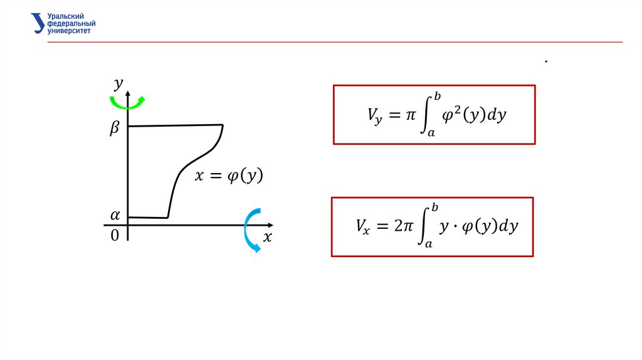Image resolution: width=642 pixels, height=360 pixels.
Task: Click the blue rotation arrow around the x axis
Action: [250, 230]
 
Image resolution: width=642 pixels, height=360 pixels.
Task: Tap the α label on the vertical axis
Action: [115, 215]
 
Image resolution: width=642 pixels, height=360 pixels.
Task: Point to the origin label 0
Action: [115, 236]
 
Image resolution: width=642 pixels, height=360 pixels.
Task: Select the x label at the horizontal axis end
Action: [268, 237]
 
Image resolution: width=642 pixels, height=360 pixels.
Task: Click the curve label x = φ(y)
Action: [228, 177]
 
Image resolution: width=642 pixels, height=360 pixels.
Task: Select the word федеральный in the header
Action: [71, 23]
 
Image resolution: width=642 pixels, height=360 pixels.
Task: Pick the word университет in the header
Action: [69, 30]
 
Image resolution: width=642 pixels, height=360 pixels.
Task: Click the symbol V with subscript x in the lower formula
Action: [364, 226]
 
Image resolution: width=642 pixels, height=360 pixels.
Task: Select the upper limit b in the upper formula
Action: [438, 96]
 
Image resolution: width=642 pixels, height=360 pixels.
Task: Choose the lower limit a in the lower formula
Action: [429, 245]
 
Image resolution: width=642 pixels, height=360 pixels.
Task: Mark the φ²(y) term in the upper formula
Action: [461, 115]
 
